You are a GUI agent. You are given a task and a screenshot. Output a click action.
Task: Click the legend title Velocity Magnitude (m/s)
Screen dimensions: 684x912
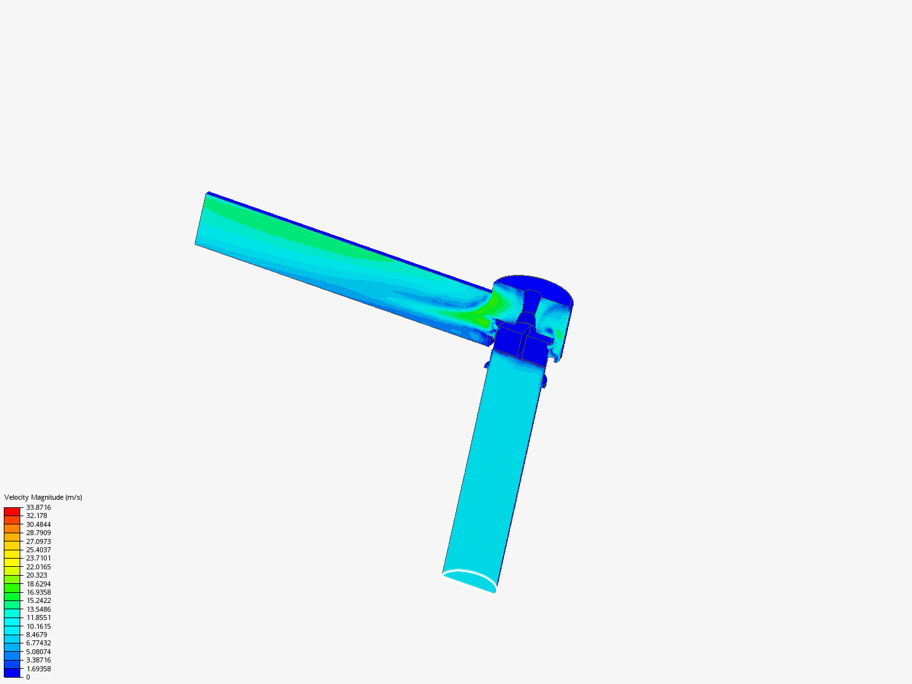[43, 497]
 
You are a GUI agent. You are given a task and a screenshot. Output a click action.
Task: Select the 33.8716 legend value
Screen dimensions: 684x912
[38, 507]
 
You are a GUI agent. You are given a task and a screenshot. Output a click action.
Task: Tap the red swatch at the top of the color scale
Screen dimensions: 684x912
[12, 511]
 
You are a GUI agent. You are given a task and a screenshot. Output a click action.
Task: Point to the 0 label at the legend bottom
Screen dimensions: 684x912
[28, 677]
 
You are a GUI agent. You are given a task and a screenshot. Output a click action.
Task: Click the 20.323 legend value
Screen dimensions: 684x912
[36, 575]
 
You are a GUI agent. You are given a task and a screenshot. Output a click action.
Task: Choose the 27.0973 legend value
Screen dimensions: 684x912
[38, 541]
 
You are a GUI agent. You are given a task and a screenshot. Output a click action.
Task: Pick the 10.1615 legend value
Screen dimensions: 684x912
[38, 626]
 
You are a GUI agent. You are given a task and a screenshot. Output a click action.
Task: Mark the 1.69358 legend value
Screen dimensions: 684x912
[38, 669]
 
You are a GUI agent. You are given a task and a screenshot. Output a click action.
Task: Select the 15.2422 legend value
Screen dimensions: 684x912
[38, 600]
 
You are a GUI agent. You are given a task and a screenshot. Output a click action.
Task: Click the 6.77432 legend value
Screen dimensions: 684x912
[38, 643]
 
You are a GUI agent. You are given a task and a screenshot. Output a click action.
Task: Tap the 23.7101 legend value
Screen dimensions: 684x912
[38, 558]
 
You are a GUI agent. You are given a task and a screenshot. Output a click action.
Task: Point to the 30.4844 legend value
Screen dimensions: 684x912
[38, 524]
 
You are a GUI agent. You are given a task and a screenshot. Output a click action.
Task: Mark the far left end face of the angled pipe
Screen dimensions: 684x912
[201, 218]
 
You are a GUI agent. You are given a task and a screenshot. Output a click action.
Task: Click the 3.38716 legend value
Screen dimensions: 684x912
[38, 660]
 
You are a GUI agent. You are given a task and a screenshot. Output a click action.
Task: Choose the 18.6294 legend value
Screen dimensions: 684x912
[38, 584]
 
